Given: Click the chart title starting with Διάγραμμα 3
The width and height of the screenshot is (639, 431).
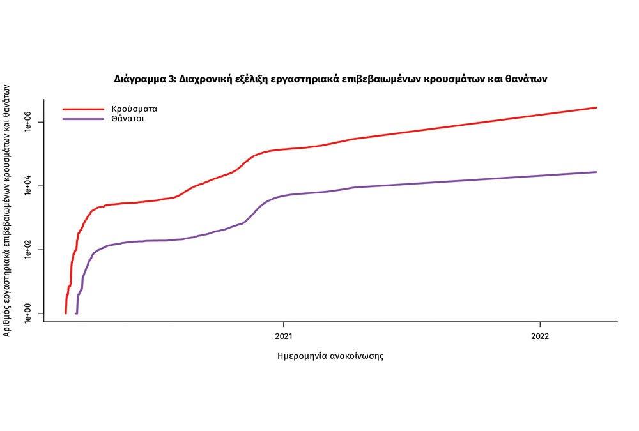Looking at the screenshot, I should click(330, 80).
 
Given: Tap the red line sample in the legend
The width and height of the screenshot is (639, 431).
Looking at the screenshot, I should click(82, 109).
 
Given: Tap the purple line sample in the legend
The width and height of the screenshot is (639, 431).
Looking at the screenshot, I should click(82, 119).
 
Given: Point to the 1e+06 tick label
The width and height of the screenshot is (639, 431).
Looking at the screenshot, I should click(27, 122).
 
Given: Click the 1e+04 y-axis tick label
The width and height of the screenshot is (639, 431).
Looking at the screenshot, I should click(27, 186).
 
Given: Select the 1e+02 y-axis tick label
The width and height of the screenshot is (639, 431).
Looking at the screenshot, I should click(27, 250).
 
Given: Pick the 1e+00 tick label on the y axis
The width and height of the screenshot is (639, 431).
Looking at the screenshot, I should click(27, 314).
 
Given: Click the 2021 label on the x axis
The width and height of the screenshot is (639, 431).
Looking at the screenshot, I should click(284, 335).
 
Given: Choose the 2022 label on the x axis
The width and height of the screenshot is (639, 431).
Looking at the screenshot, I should click(540, 335).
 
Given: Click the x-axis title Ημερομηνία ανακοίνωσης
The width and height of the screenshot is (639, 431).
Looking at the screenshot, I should click(330, 356).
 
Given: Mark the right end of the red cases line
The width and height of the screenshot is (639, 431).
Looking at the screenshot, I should click(596, 107).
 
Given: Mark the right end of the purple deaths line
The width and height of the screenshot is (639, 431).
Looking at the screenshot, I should click(596, 172).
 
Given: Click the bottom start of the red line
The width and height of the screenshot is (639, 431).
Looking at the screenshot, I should click(66, 313).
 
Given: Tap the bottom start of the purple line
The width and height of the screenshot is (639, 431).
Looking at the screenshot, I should click(77, 313).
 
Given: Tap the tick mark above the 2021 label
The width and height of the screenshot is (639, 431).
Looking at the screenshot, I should click(284, 324).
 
